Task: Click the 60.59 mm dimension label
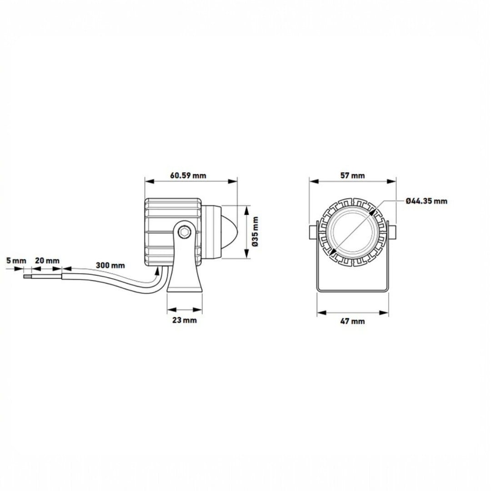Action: (188, 175)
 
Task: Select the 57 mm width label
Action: (353, 175)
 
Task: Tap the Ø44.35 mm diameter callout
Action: (426, 201)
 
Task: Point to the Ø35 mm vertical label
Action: (255, 231)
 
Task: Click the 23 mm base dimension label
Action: (185, 320)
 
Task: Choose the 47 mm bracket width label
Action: (353, 321)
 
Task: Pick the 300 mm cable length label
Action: (110, 265)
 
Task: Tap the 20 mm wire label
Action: (47, 261)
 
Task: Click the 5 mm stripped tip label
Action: (16, 261)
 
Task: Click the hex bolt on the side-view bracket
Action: (185, 232)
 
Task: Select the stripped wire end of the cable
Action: (28, 276)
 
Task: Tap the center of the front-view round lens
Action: (353, 232)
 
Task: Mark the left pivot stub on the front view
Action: (313, 232)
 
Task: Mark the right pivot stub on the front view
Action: (393, 232)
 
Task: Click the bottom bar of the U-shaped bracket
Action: (353, 290)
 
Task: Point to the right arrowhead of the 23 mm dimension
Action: (198, 310)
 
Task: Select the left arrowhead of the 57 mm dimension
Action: (314, 181)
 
